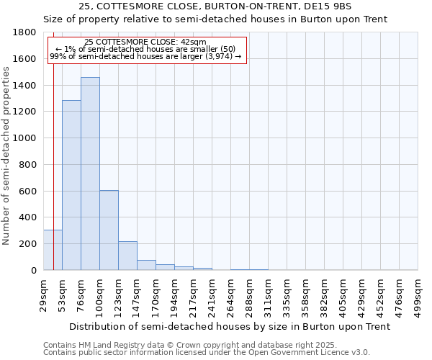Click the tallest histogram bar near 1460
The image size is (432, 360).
(90, 174)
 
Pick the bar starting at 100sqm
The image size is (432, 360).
(109, 230)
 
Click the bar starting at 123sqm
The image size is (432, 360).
(127, 256)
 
